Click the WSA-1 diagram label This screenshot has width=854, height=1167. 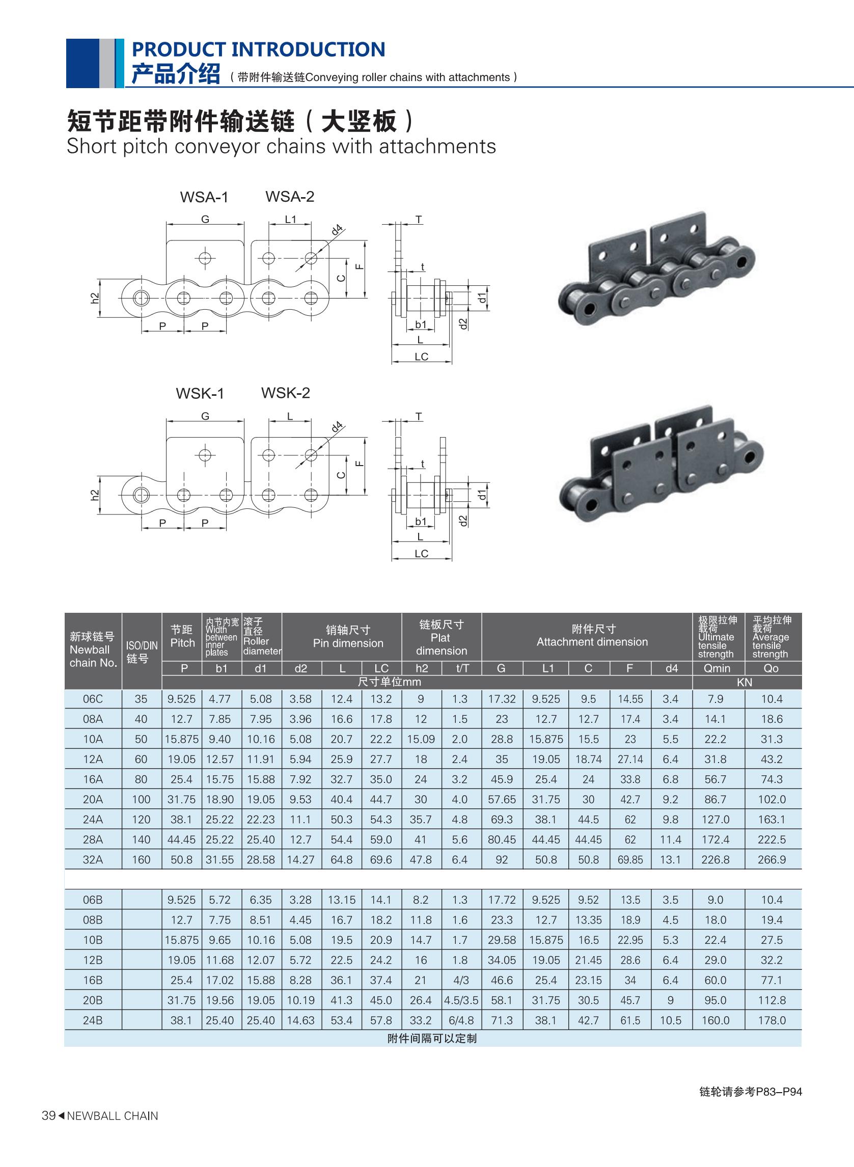pos(204,197)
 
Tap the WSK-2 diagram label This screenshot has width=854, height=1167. pos(285,392)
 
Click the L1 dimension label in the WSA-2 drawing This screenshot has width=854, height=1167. pos(291,219)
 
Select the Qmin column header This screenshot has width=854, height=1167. pos(717,668)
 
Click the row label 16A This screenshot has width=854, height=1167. pos(93,779)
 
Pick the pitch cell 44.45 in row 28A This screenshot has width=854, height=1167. pos(181,839)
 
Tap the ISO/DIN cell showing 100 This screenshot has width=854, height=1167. pos(141,799)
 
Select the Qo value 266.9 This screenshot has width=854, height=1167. pos(772,860)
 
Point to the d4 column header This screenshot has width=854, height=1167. pos(672,668)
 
